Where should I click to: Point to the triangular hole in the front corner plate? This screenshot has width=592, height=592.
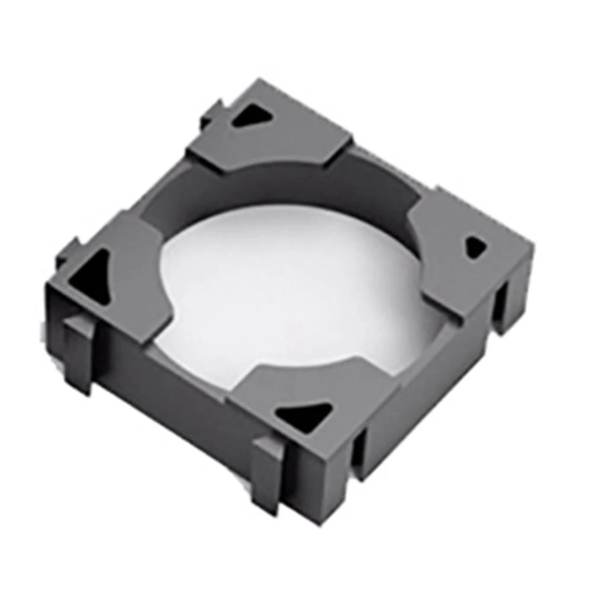tap(305, 416)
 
